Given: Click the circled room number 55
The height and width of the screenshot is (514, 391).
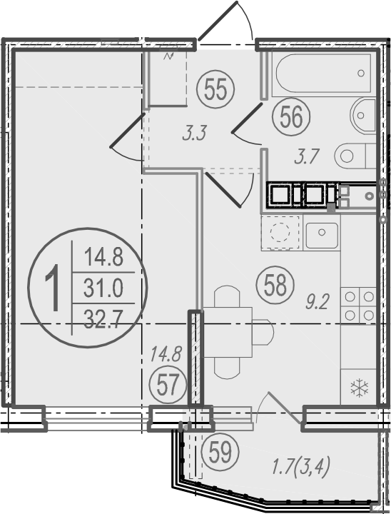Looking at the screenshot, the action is (x=215, y=89).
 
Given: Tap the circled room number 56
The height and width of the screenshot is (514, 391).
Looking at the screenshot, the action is (x=291, y=116).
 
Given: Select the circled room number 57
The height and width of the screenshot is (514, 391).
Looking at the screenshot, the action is (x=168, y=385).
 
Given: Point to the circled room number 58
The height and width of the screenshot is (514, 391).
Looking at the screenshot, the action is (x=275, y=285).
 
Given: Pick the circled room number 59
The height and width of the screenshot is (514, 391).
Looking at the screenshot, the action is (x=220, y=452).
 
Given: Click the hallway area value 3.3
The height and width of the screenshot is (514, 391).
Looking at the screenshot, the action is (x=194, y=134).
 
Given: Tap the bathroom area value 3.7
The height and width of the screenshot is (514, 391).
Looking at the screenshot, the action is (x=307, y=157).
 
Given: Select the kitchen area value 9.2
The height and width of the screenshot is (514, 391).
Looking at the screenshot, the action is (x=317, y=302).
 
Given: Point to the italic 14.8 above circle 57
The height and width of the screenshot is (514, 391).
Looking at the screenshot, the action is (x=166, y=354).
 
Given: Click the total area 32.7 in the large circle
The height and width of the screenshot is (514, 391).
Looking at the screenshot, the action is (x=103, y=319).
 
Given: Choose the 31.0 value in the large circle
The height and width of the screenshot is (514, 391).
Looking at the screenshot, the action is (x=103, y=288).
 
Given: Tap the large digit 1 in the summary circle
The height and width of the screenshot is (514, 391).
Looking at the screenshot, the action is (x=52, y=288).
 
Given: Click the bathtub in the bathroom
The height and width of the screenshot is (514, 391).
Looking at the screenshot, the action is (x=323, y=74).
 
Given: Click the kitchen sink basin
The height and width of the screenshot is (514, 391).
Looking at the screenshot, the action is (x=322, y=235).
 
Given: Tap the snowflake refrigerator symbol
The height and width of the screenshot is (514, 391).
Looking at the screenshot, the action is (x=360, y=388).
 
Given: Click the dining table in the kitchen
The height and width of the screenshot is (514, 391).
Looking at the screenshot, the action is (x=228, y=332).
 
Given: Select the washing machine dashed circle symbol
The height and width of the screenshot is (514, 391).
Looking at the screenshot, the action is (x=280, y=233).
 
